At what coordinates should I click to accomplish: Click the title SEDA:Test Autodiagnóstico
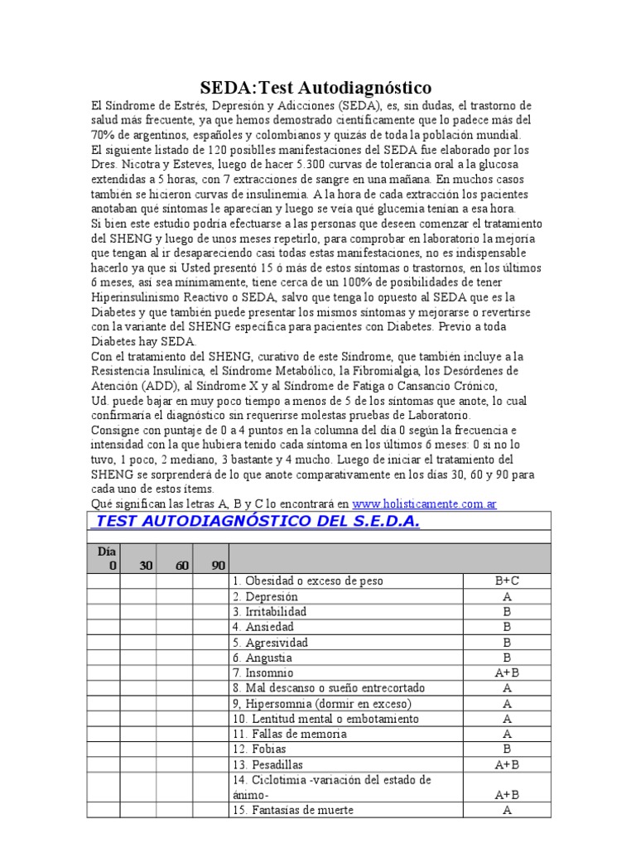click(317, 88)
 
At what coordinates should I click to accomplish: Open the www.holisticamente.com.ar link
click(424, 503)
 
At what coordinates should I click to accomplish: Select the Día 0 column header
click(106, 558)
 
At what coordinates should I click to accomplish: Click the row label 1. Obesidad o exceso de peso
click(308, 581)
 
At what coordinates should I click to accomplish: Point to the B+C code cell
click(506, 581)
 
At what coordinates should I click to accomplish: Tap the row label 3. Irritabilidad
click(270, 612)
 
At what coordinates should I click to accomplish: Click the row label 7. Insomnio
click(263, 673)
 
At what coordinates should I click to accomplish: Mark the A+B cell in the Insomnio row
click(506, 673)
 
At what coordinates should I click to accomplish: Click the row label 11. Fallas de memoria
click(290, 735)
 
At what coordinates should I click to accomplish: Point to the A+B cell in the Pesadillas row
click(506, 765)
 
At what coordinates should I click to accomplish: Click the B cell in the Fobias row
click(506, 749)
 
